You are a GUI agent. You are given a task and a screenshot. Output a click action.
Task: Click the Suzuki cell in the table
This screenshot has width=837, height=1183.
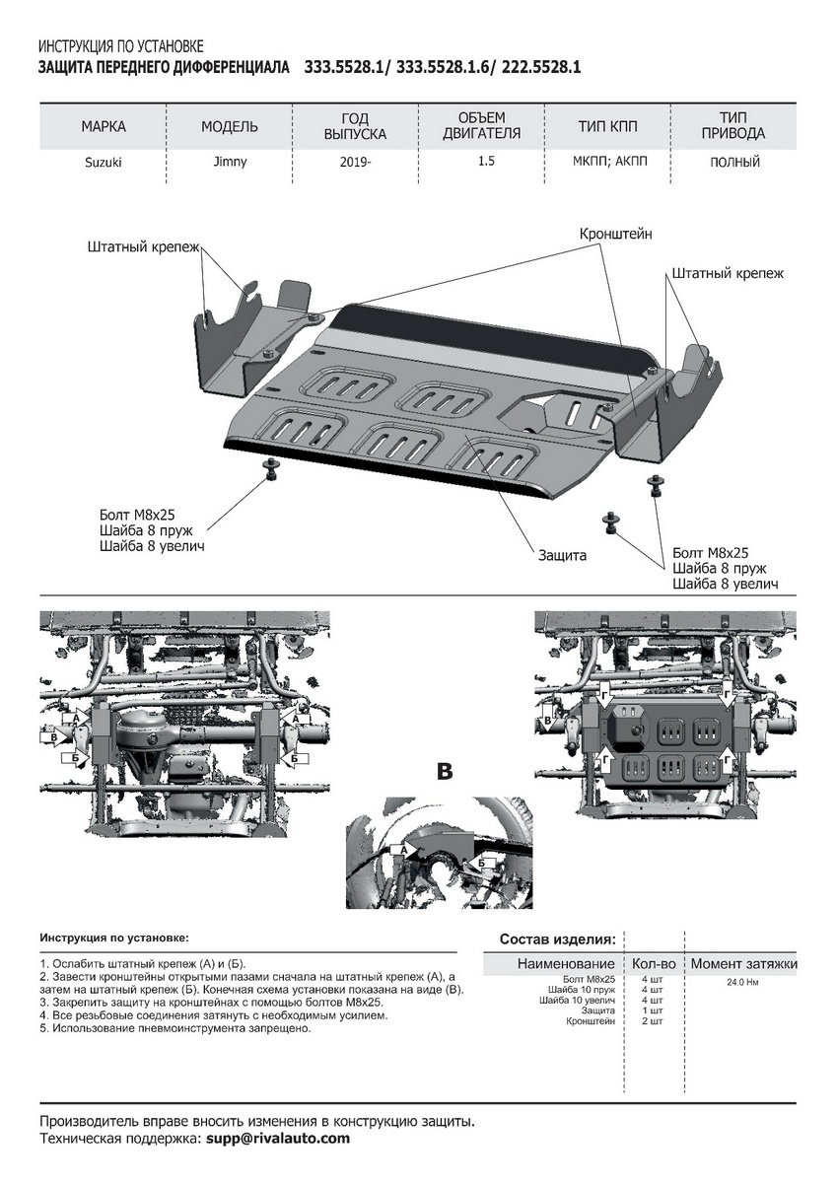pyautogui.click(x=103, y=163)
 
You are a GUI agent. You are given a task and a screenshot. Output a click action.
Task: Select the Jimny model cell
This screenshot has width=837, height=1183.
pyautogui.click(x=229, y=163)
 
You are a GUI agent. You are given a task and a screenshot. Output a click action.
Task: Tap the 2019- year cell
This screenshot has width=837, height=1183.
pyautogui.click(x=355, y=163)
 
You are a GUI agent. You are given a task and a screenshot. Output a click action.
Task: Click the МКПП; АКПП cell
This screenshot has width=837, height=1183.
pyautogui.click(x=607, y=163)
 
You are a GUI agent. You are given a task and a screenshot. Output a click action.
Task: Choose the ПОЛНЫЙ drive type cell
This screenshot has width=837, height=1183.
pyautogui.click(x=734, y=163)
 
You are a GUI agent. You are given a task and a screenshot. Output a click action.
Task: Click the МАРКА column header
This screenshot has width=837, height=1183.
pyautogui.click(x=104, y=127)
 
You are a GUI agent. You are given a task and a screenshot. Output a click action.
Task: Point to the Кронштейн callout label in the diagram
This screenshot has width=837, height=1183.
pyautogui.click(x=615, y=234)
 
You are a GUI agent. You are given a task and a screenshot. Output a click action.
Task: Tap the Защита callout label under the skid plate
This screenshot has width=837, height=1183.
pyautogui.click(x=562, y=555)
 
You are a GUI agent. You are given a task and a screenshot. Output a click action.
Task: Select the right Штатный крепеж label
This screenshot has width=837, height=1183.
pyautogui.click(x=728, y=273)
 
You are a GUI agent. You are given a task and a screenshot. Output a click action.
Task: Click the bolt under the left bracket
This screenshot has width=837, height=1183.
pyautogui.click(x=270, y=467)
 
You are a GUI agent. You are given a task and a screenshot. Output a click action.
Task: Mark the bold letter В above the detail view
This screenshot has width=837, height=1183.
pyautogui.click(x=444, y=771)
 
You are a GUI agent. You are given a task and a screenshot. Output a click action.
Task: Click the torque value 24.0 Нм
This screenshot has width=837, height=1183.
pyautogui.click(x=743, y=982)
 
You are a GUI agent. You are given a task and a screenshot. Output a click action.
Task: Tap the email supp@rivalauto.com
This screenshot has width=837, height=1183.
pyautogui.click(x=277, y=1138)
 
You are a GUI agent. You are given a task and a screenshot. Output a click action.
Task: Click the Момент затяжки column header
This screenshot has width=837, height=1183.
pyautogui.click(x=743, y=963)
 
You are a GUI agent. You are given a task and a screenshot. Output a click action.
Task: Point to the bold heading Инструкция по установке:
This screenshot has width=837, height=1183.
pyautogui.click(x=113, y=938)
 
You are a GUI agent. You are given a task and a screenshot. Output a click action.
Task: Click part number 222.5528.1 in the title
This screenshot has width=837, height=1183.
pyautogui.click(x=541, y=68)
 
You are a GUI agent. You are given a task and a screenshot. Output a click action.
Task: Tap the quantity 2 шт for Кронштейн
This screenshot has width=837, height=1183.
pyautogui.click(x=652, y=1021)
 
